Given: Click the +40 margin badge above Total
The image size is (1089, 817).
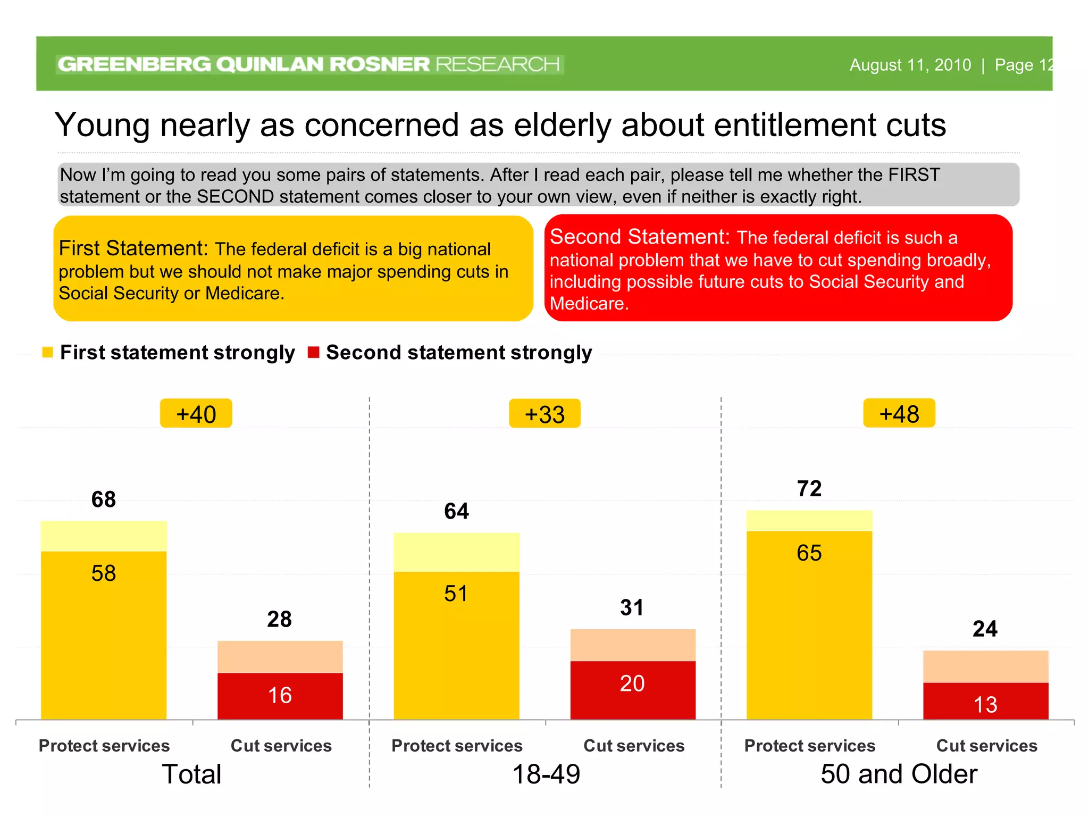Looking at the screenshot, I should tap(196, 414).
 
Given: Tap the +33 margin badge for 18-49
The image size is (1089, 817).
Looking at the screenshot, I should tap(544, 414).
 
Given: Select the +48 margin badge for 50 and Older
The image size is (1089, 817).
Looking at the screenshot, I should tap(899, 413).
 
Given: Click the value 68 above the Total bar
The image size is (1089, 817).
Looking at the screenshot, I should tap(103, 499).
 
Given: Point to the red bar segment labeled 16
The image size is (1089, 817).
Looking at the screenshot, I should tap(280, 696).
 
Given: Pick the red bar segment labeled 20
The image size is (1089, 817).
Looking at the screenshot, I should tap(632, 689).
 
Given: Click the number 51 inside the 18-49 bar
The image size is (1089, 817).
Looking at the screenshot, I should tap(456, 594).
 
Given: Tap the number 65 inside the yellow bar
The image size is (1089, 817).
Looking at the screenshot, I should tap(809, 553).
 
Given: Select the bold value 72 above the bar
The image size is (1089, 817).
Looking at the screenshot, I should tap(809, 489).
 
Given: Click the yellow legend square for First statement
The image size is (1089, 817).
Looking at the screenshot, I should tap(47, 352).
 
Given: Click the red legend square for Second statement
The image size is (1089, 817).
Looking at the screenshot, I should tap(313, 352).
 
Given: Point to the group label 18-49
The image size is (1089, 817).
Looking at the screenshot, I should tap(546, 774).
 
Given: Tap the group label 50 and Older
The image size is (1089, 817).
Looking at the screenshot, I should tap(899, 774).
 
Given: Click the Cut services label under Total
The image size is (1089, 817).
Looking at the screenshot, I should tap(281, 746).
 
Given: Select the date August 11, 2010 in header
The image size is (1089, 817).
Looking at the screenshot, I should tap(910, 65).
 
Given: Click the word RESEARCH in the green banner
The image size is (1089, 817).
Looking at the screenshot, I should tap(497, 64).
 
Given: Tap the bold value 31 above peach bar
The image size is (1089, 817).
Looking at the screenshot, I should tap(632, 607).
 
